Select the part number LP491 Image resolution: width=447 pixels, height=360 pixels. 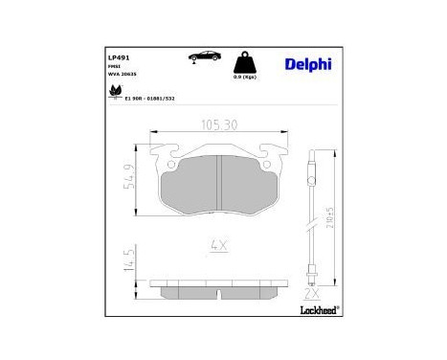(x=120, y=56)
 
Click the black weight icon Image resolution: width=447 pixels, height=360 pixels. (x=244, y=62)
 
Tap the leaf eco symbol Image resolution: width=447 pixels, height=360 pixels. (x=117, y=91)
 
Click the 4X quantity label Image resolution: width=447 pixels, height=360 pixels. (x=219, y=246)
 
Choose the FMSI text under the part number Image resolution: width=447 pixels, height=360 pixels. (x=113, y=66)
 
